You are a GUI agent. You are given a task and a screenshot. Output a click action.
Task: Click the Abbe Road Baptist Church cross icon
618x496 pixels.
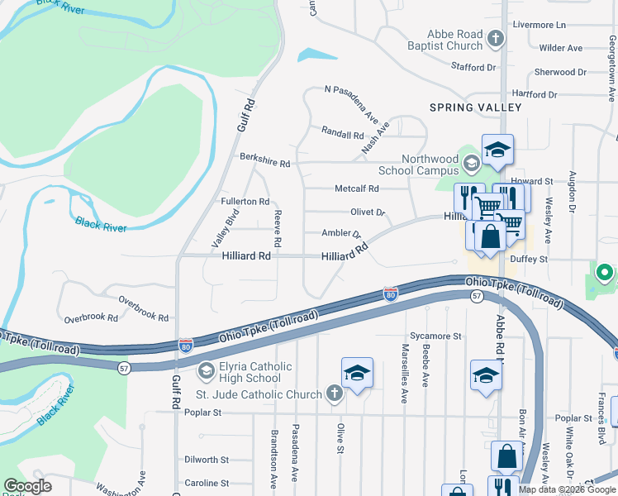496,38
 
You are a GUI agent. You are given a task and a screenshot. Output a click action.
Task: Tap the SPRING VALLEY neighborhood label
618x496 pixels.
475,107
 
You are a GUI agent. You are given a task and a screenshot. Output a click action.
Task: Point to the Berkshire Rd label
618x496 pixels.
264,164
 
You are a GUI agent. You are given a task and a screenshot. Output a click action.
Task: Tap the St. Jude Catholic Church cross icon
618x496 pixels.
334,393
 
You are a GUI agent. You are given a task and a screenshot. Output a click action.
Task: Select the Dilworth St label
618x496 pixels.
207,460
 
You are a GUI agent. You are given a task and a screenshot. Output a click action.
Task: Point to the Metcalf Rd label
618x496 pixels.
356,188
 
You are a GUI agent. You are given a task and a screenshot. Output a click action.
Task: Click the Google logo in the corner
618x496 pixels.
27,486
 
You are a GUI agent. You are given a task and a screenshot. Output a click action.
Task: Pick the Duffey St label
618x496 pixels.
529,259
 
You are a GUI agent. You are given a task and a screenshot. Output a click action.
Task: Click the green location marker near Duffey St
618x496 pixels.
604,272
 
